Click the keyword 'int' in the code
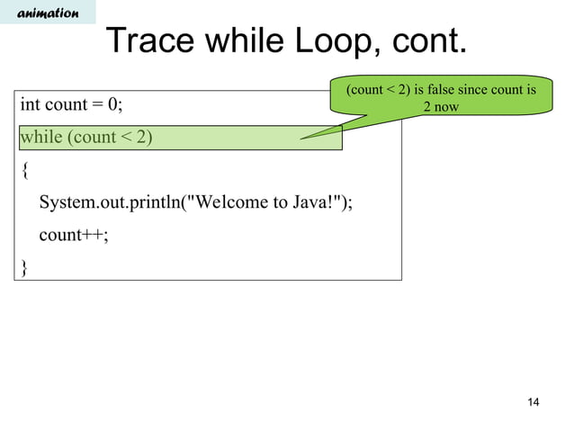31,105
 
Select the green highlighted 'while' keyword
40,138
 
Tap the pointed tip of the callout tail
301,139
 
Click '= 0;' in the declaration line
107,105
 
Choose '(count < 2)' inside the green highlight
108,138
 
